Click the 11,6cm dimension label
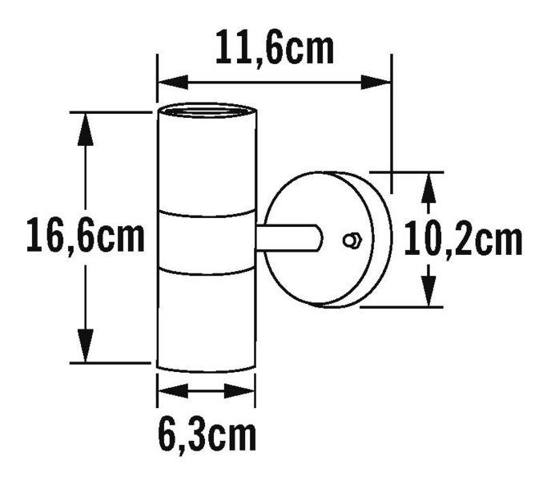[275, 50]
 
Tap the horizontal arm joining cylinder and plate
[288, 239]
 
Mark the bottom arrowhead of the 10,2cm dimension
[429, 291]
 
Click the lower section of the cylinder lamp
[206, 317]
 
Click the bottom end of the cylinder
[206, 369]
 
